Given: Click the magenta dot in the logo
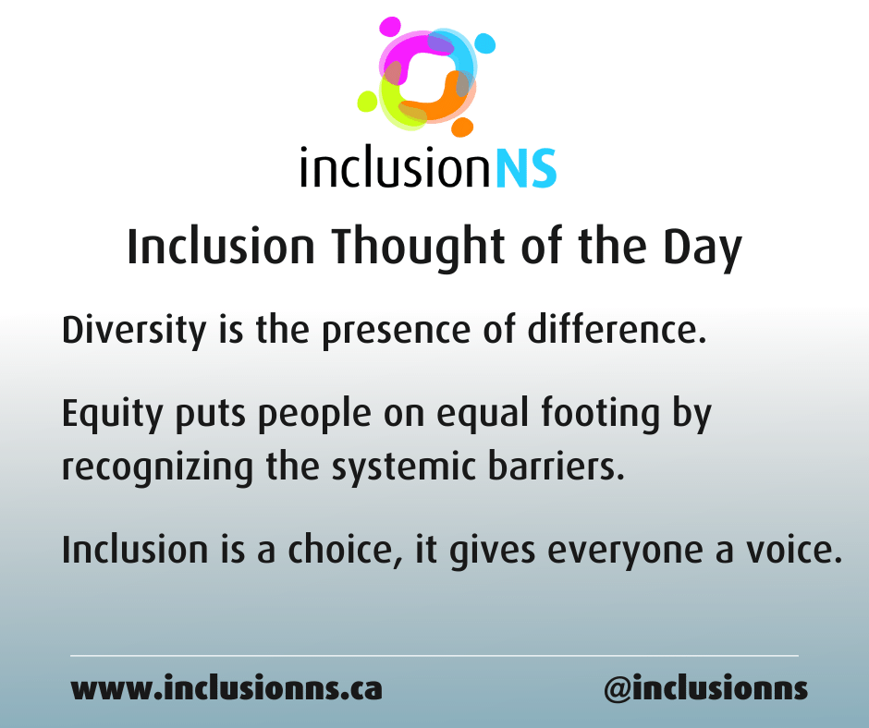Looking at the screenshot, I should (390, 26).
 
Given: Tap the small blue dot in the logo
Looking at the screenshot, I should (484, 42).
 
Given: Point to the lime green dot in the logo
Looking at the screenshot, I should (367, 100).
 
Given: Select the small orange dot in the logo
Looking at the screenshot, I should (462, 126).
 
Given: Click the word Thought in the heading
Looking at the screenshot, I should (410, 247).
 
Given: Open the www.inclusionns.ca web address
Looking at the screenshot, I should (226, 689).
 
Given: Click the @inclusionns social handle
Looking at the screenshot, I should (705, 689).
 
